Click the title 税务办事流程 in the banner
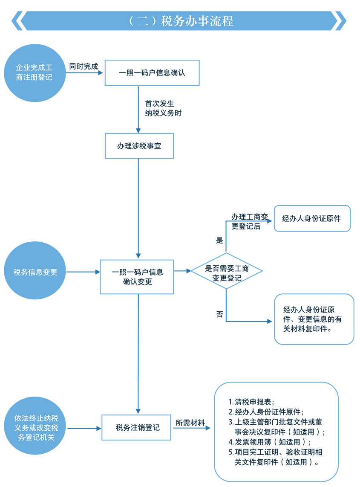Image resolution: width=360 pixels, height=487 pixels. click(x=181, y=21)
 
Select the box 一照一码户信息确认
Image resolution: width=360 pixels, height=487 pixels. click(x=152, y=72)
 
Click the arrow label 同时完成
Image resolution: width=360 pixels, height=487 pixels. click(x=84, y=67)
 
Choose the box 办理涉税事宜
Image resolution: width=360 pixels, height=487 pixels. click(x=139, y=146)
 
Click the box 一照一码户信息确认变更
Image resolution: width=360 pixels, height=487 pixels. click(x=137, y=277)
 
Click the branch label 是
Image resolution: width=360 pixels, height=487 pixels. click(x=219, y=241)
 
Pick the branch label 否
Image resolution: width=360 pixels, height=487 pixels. click(x=219, y=315)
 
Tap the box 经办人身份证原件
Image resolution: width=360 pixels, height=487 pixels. click(x=312, y=218)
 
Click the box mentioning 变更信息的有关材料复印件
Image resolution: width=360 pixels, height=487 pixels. click(x=314, y=319)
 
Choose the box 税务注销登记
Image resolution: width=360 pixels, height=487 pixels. click(x=137, y=427)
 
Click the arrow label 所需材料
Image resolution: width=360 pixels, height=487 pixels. click(x=190, y=423)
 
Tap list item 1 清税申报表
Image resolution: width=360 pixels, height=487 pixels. click(x=251, y=402)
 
